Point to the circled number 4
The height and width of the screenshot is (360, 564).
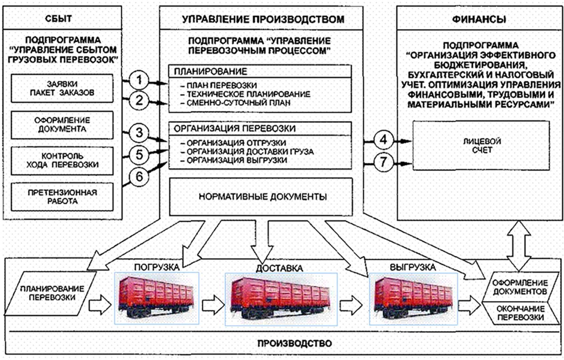(x=383, y=140)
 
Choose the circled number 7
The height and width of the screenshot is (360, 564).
(x=383, y=163)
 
